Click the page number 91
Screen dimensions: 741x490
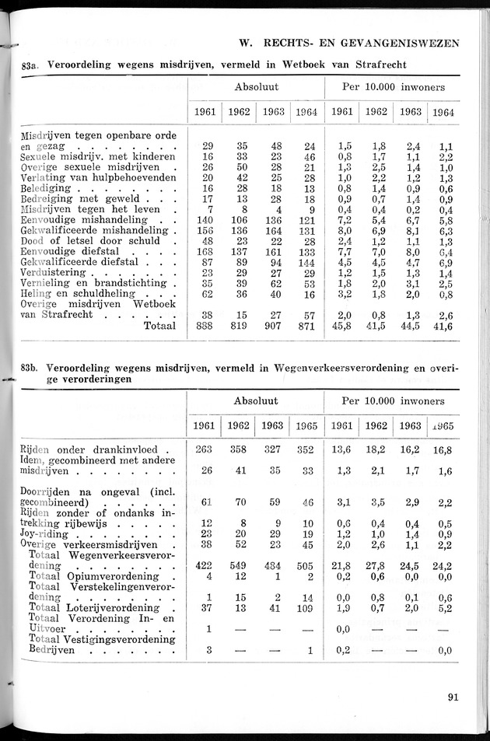(x=453, y=697)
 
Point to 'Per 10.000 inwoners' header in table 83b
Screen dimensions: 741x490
(x=393, y=401)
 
